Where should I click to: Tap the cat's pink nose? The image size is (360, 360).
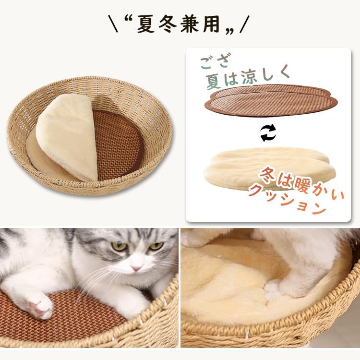tap(137, 267)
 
